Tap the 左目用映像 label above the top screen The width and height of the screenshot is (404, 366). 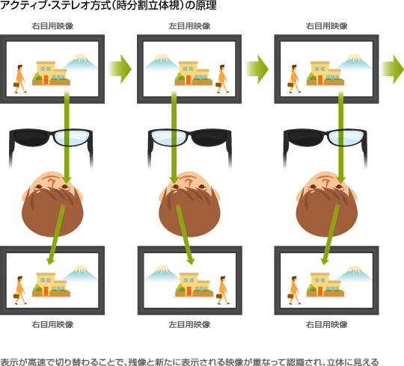pos(189,26)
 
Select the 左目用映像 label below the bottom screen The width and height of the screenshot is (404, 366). pos(189,324)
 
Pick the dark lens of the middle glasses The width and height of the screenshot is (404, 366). pos(209,137)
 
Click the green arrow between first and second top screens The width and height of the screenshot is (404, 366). pos(120,69)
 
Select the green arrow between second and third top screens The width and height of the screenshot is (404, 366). pos(257,69)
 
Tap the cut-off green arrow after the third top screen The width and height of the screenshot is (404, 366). pos(393,69)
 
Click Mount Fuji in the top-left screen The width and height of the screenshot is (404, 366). pos(80,62)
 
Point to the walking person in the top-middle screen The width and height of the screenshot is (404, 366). pos(222,78)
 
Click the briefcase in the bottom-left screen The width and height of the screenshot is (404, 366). pos(16,296)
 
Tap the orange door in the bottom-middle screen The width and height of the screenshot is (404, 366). pos(189,291)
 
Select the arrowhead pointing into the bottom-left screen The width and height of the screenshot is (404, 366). pos(51,261)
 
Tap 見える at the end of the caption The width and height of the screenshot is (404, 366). pos(365,362)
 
